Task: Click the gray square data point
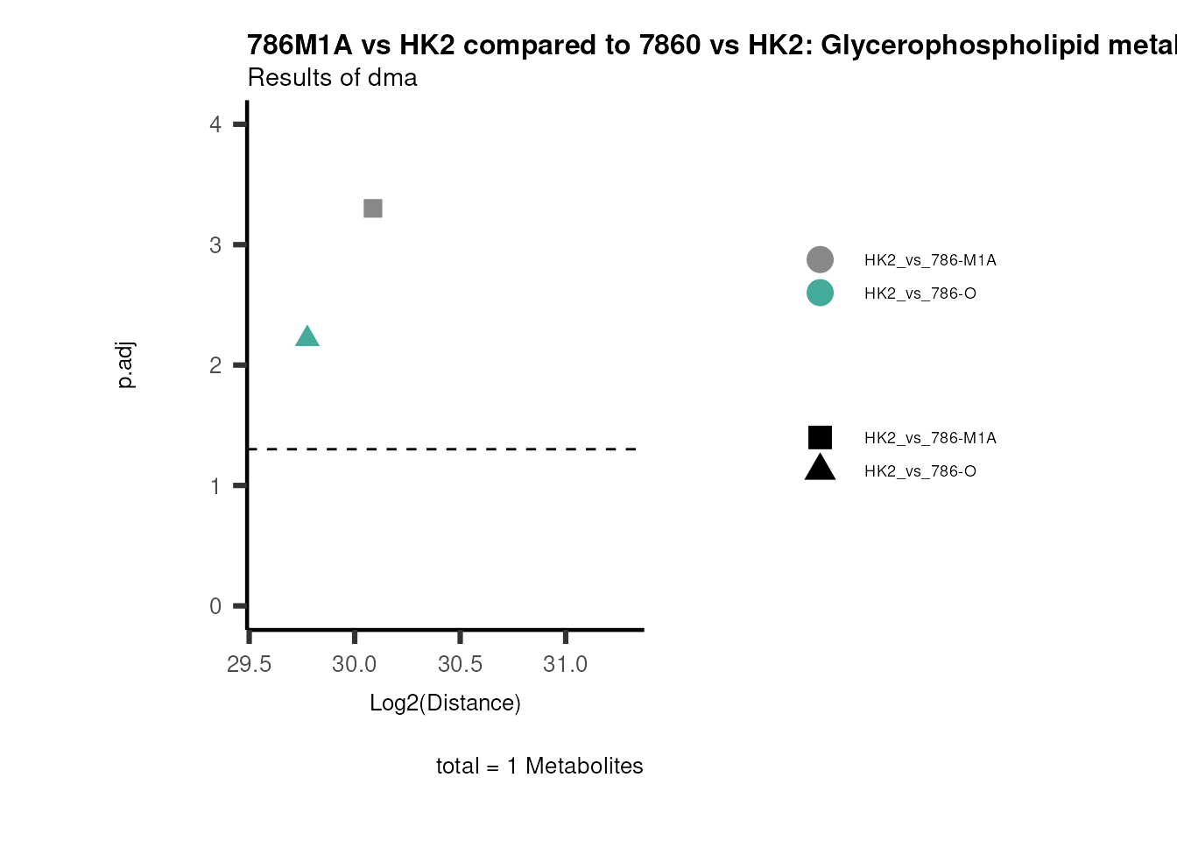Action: [x=372, y=208]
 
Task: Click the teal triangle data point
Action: [x=307, y=337]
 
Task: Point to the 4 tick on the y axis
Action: [x=215, y=124]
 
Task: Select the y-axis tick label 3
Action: [x=215, y=245]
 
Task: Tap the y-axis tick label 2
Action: [x=215, y=365]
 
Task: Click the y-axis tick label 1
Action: [x=215, y=486]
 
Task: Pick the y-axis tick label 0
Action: [x=215, y=606]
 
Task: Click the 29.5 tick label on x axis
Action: [x=249, y=664]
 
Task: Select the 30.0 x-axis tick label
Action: [x=354, y=664]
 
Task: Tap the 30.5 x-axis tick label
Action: [x=460, y=664]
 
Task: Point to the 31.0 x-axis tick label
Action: [x=565, y=664]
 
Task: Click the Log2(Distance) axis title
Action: [x=445, y=703]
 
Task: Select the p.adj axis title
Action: [x=126, y=365]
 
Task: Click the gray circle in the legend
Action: [x=820, y=259]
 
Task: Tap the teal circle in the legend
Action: [x=820, y=293]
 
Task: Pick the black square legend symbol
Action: [x=820, y=437]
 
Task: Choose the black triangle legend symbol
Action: [x=820, y=469]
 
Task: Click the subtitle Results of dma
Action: [x=332, y=78]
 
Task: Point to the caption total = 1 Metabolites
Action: [x=539, y=766]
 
